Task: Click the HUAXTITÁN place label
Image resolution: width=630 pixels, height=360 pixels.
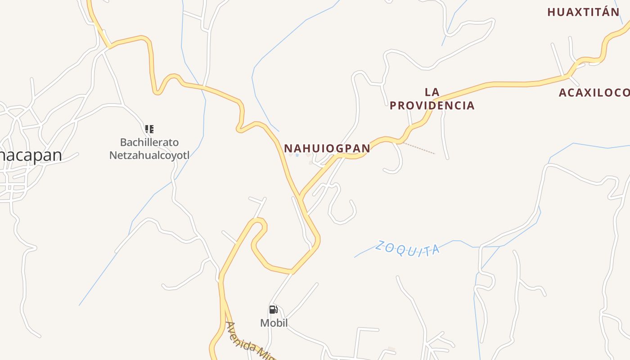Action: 583,12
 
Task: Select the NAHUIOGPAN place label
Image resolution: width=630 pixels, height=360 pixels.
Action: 327,148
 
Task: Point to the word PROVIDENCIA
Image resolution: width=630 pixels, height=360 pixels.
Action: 432,105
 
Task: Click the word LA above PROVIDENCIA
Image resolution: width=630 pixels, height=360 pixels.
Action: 432,92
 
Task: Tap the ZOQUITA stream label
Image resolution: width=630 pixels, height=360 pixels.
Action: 408,248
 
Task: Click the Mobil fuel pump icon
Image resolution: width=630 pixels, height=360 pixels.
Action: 273,310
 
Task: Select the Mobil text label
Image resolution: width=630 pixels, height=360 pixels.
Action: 274,323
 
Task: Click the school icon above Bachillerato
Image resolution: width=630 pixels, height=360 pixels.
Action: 149,129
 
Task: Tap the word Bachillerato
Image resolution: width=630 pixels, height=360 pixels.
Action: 149,143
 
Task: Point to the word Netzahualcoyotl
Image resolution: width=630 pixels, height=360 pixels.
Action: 149,156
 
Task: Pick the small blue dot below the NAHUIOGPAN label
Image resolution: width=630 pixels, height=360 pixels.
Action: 297,155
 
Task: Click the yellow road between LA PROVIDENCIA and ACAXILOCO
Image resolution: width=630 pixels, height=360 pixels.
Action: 508,84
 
